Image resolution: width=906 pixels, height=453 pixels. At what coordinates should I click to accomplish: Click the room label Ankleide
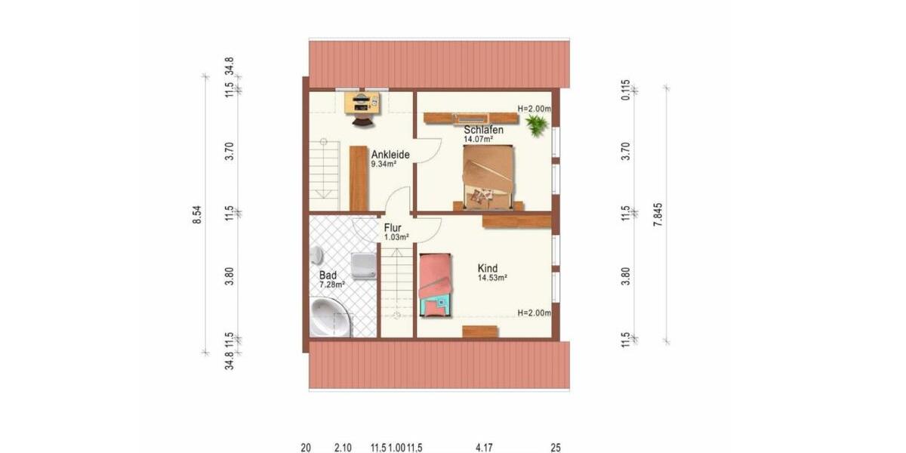(390, 155)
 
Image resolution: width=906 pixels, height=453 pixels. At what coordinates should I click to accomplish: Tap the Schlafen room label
(483, 130)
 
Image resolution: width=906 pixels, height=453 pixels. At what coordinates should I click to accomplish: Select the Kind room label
(488, 268)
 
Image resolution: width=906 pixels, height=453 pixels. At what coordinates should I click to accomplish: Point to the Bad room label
(328, 276)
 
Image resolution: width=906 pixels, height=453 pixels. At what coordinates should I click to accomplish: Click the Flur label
(393, 227)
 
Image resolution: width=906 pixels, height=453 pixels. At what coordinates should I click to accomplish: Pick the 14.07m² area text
(478, 139)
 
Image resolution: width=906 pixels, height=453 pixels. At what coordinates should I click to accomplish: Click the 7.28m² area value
(331, 285)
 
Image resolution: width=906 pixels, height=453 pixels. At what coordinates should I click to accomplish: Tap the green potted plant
(537, 125)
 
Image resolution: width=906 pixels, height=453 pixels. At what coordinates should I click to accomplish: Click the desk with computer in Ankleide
(363, 102)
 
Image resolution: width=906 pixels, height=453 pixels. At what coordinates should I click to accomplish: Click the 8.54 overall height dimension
(197, 215)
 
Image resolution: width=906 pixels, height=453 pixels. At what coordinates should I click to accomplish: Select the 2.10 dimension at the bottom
(342, 448)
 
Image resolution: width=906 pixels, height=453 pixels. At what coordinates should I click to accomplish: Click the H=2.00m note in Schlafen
(535, 109)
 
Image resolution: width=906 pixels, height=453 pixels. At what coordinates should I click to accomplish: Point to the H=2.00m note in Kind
(534, 313)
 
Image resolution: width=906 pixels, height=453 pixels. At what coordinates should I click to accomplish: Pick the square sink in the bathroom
(364, 265)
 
